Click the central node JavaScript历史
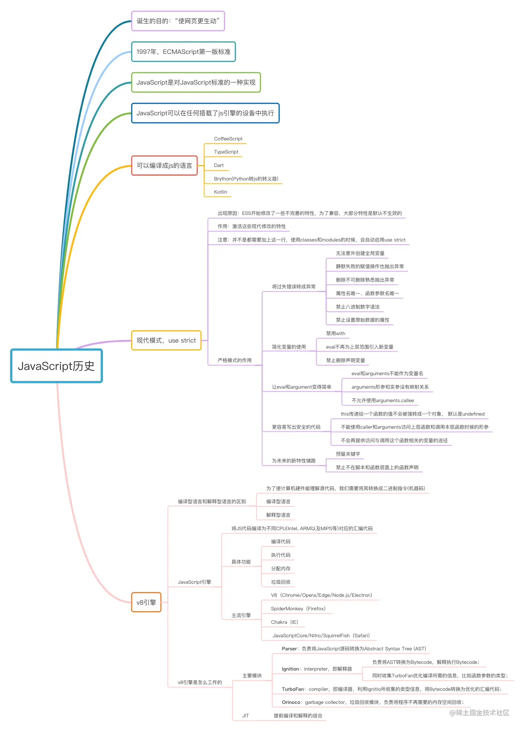tap(57, 366)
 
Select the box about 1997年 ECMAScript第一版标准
tap(183, 52)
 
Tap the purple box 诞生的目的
tap(178, 21)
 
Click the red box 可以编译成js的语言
tap(164, 165)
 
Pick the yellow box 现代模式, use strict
tap(166, 340)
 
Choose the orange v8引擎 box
tap(146, 602)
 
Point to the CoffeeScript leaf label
tap(228, 139)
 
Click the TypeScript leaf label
tap(226, 152)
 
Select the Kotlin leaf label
tap(220, 192)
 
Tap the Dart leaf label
tap(219, 165)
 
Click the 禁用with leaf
tap(336, 334)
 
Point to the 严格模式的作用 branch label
tap(235, 361)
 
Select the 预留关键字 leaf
tap(348, 454)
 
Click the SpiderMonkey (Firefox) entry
tap(298, 609)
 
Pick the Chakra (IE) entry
tap(284, 622)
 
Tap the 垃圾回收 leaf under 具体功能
tap(281, 582)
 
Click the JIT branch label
tap(245, 716)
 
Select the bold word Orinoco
tap(291, 702)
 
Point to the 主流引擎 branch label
tap(241, 616)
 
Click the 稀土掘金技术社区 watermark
tap(479, 713)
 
